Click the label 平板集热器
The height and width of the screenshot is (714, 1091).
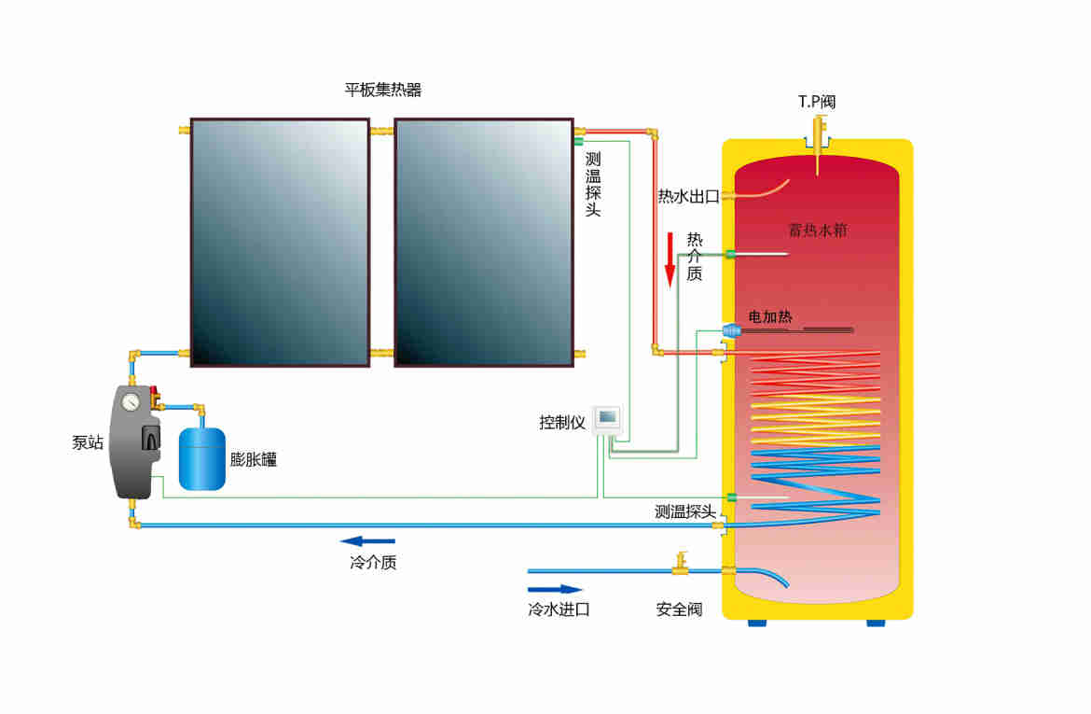pos(383,91)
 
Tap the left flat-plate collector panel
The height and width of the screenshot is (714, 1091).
pos(280,242)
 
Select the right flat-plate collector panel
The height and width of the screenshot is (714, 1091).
pos(483,242)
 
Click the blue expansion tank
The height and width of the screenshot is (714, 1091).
pos(201,457)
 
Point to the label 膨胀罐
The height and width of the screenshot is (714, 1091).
pos(254,459)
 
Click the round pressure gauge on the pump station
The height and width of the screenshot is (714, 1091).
pos(131,400)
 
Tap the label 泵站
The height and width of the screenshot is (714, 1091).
pos(88,443)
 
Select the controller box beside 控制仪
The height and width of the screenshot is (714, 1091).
pos(607,417)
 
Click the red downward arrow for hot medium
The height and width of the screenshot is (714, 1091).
pos(669,260)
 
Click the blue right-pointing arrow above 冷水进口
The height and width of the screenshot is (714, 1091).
pos(555,589)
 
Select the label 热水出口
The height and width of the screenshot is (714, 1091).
pos(688,196)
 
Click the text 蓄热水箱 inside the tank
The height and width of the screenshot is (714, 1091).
pos(818,230)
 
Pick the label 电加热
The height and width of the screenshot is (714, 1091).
pos(770,317)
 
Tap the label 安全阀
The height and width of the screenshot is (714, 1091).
pos(679,610)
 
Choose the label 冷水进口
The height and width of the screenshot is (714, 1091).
pos(559,610)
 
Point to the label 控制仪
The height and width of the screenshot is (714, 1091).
pos(562,422)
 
